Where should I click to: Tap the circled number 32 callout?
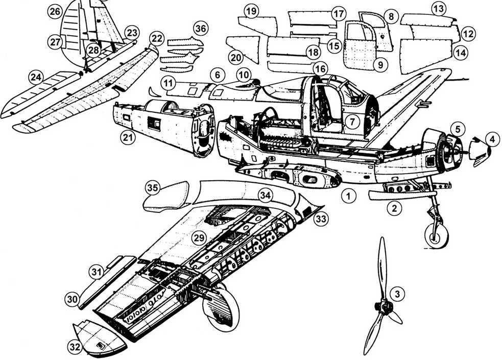(75, 347)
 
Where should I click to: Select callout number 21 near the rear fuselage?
(128, 137)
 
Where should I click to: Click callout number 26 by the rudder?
(55, 11)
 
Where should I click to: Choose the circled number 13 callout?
(438, 9)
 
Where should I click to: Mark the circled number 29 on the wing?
(199, 238)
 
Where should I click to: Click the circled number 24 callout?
(35, 77)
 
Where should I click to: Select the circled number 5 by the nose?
(458, 128)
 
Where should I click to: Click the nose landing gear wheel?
(437, 235)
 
